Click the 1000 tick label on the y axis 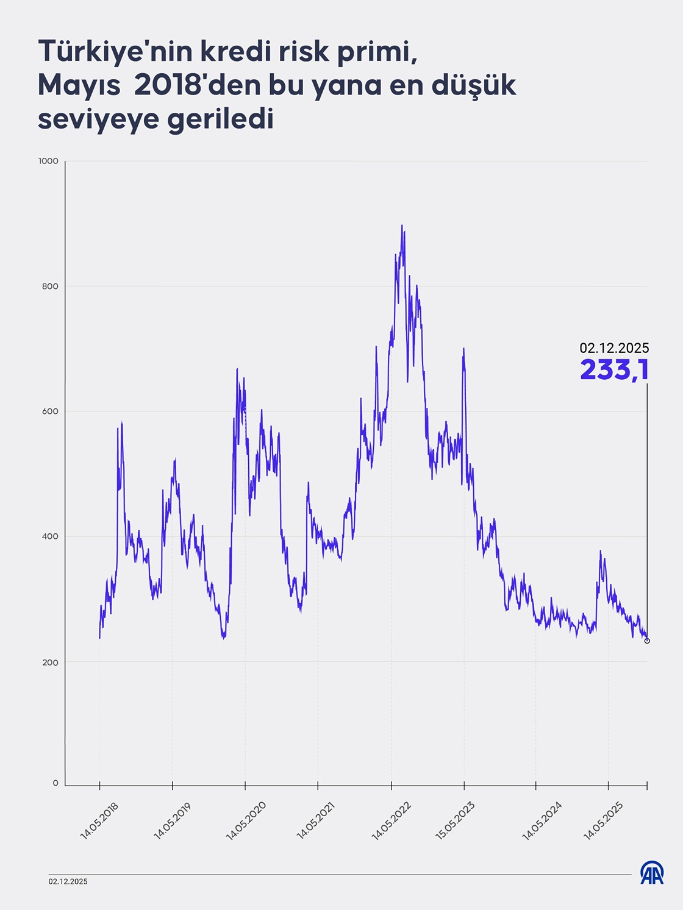[x=48, y=161]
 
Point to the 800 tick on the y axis [x=50, y=286]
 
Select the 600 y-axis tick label [x=50, y=411]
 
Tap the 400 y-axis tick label [x=50, y=536]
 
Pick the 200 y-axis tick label [x=50, y=663]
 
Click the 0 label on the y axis [x=55, y=783]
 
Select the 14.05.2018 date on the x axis [x=99, y=821]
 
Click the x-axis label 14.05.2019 [x=172, y=821]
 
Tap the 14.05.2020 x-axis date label [x=246, y=821]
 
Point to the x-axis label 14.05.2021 [x=316, y=821]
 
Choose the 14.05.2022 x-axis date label [x=392, y=821]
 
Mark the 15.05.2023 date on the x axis [x=455, y=821]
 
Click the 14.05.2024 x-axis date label [x=542, y=821]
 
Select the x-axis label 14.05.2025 [x=603, y=821]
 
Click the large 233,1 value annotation [x=614, y=369]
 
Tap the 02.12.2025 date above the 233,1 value [x=614, y=348]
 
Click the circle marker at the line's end [x=647, y=641]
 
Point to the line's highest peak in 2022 [x=401, y=226]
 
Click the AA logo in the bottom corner [x=652, y=873]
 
